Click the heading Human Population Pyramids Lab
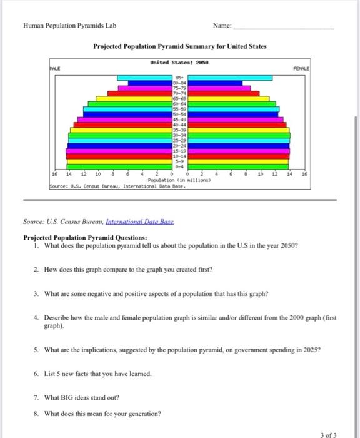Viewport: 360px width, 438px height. coord(69,26)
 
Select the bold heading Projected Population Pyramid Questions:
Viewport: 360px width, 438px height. coord(85,238)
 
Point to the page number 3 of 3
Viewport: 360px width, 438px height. coord(327,434)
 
